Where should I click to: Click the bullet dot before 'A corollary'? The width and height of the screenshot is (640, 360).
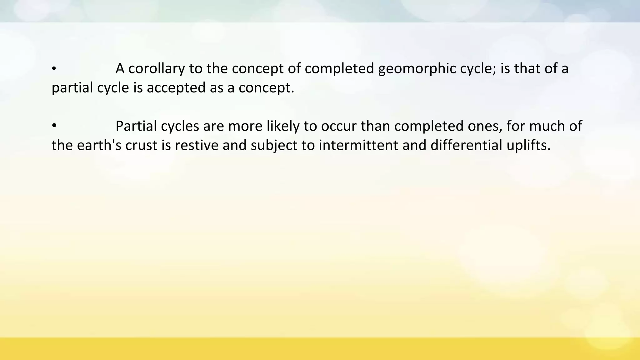click(54, 69)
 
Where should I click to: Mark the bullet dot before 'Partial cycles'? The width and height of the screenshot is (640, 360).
click(54, 126)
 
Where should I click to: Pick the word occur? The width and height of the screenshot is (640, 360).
click(339, 126)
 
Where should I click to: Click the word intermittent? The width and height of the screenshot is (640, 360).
click(358, 145)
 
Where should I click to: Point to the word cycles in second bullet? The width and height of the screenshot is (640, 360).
click(180, 126)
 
